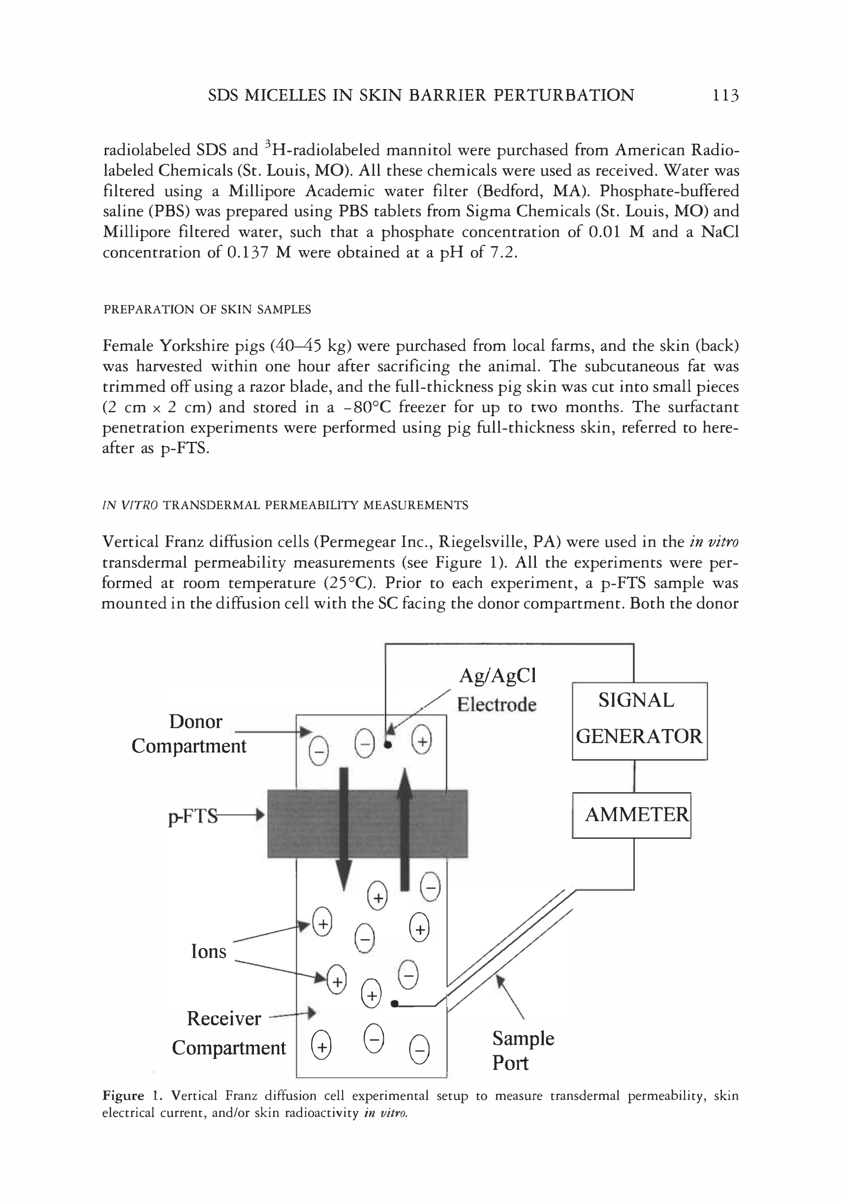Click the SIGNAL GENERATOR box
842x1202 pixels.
pos(639,720)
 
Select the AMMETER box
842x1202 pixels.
pos(631,815)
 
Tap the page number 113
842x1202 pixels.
pos(725,95)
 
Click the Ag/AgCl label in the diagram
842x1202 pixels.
pos(498,676)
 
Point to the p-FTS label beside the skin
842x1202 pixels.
pos(193,816)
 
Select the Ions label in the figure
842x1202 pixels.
pos(208,951)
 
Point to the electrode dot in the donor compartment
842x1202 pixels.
pos(387,744)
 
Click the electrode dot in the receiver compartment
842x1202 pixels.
pos(394,1004)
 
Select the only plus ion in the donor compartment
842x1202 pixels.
pos(422,741)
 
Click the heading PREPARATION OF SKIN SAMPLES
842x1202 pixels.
pos(207,309)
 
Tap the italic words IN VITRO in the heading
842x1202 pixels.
pos(130,505)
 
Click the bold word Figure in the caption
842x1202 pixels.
pos(123,1095)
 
